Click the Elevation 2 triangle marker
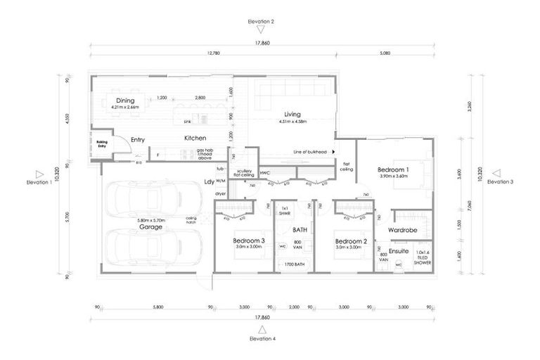pos(262,30)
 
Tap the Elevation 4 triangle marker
pos(262,329)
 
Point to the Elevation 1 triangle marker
pos(40,173)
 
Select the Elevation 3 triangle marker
pos(496,173)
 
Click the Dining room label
pos(125,101)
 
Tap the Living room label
pos(292,114)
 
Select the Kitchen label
pos(195,139)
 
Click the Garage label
pos(150,226)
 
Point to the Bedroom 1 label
pos(394,169)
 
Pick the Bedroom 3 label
pos(249,240)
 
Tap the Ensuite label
pos(399,250)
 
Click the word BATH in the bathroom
pos(300,230)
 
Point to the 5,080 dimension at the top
pos(385,53)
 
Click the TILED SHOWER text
pos(422,259)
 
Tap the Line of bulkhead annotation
pos(311,151)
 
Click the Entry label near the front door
pos(137,140)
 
